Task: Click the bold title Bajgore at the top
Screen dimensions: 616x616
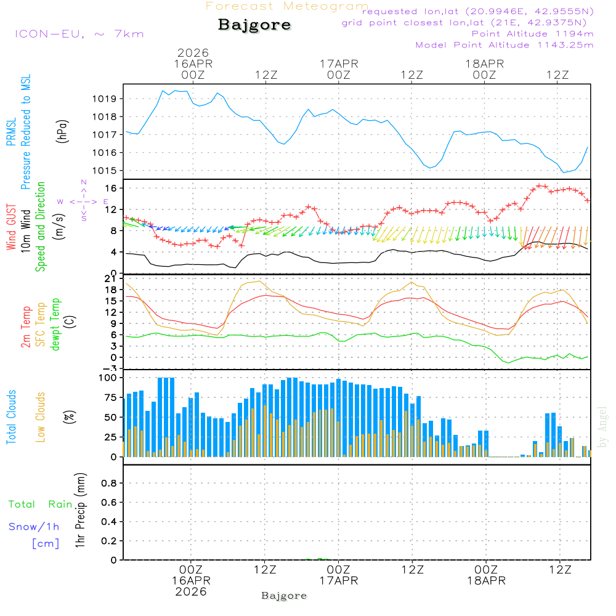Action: point(254,25)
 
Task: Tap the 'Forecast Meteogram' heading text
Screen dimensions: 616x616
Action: point(287,6)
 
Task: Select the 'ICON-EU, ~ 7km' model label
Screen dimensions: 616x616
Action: point(79,34)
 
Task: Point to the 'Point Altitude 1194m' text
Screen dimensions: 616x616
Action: point(532,34)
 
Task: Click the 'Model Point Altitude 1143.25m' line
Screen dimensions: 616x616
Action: point(505,45)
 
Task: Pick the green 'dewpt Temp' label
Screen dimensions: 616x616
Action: point(55,325)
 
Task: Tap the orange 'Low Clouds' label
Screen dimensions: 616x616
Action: point(41,417)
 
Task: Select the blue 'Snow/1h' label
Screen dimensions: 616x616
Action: point(34,527)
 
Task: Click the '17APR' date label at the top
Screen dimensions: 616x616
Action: point(339,63)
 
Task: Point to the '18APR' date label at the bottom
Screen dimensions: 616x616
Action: point(485,581)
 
